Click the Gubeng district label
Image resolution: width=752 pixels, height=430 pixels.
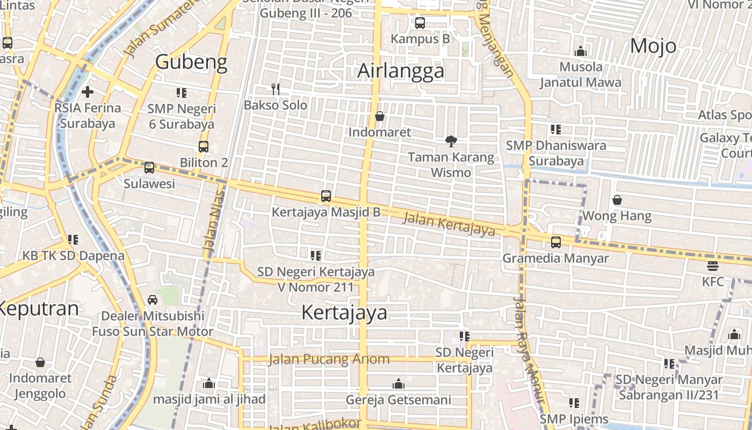pos(191,62)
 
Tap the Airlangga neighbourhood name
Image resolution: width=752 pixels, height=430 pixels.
pos(401,71)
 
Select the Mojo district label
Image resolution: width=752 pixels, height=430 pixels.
pos(653,46)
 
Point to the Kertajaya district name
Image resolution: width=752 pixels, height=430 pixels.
pos(344,312)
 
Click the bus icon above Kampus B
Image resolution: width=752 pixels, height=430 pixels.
pos(420,23)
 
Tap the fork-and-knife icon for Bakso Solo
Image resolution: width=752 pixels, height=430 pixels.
pos(276,89)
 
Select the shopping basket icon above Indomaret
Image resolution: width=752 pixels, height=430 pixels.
pos(380,116)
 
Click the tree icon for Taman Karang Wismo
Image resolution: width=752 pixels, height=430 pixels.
pos(451,141)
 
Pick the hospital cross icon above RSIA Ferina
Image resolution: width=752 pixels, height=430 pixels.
pos(88,92)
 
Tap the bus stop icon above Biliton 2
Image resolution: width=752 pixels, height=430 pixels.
pos(204,146)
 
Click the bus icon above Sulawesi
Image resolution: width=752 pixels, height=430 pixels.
pos(149,168)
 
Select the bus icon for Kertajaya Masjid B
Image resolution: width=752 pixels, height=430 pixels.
pos(326,196)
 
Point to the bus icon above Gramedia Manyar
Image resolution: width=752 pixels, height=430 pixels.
pos(556,242)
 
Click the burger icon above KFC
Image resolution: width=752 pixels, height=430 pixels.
pos(713,266)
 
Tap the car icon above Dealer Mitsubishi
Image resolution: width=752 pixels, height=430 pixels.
pos(153,300)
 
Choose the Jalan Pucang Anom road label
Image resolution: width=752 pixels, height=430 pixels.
pos(329,359)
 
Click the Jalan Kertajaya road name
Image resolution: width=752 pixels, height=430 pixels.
pos(449,224)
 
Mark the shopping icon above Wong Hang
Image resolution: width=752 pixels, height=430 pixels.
pos(617,200)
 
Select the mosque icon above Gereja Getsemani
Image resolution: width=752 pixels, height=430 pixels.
pos(398,384)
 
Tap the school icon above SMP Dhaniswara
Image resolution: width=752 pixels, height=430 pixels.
pos(556,130)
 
